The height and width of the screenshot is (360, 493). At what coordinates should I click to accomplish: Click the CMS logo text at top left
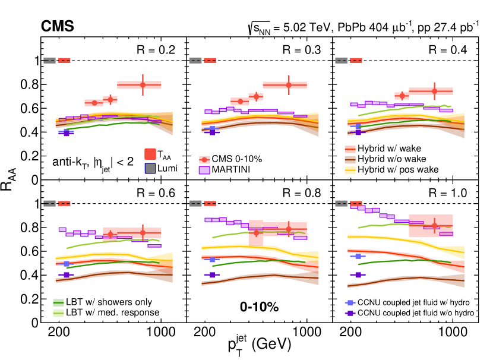tap(57, 26)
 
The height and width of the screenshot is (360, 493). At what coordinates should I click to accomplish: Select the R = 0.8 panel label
tap(302, 192)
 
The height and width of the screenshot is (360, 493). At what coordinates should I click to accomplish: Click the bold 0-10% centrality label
tap(260, 307)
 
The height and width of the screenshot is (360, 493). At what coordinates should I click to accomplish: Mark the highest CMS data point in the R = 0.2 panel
tap(143, 85)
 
